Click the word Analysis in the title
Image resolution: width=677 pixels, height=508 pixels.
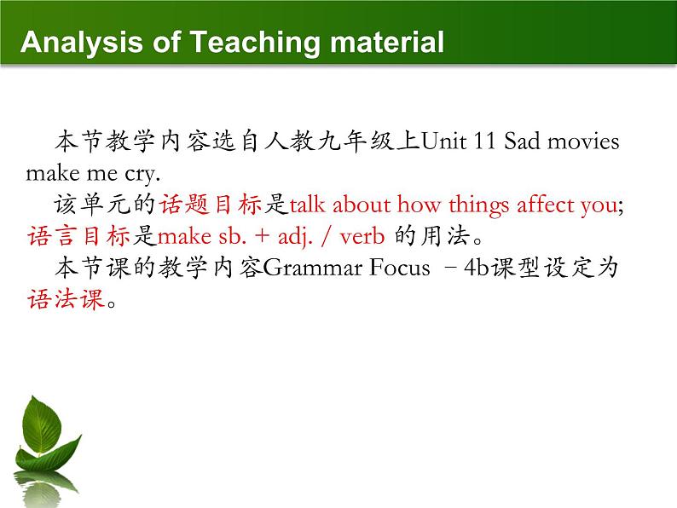click(81, 43)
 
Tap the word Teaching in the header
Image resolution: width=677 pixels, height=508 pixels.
click(255, 43)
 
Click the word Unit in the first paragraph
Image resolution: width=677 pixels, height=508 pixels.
click(444, 141)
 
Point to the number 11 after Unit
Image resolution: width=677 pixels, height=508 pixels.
click(484, 141)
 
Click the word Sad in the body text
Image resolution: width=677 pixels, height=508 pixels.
click(522, 141)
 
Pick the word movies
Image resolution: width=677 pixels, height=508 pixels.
click(583, 141)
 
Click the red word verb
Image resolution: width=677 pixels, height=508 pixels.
click(362, 236)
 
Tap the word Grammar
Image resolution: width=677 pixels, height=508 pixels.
click(313, 268)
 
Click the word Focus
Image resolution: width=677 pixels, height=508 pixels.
click(399, 268)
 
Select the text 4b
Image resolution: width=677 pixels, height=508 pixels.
click(477, 268)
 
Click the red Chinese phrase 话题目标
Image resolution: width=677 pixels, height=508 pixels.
click(211, 205)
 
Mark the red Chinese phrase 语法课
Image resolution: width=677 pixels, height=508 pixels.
click(66, 298)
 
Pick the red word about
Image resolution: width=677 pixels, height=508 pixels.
click(361, 204)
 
